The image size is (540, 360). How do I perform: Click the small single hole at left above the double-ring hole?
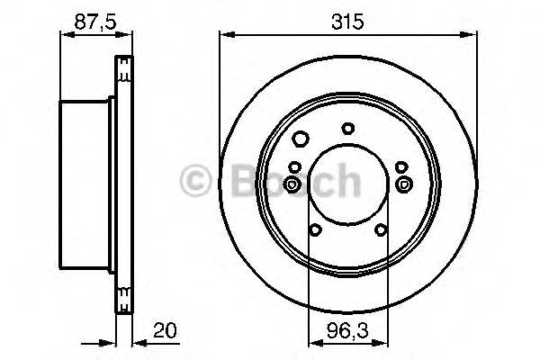pos(293,165)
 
